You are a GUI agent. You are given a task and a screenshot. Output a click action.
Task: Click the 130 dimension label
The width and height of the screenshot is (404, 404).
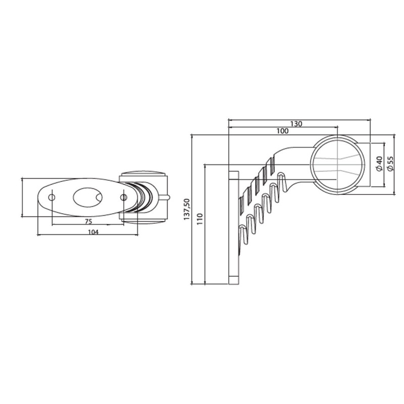click(296, 124)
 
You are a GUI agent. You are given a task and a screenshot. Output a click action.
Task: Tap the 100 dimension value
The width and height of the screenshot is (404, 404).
click(283, 131)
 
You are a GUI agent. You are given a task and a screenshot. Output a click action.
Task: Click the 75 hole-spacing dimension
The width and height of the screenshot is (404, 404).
click(88, 221)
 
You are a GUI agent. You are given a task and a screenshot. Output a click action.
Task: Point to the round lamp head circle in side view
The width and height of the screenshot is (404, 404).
click(337, 165)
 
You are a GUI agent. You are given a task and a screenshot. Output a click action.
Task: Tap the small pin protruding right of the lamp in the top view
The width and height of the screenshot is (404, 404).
click(169, 196)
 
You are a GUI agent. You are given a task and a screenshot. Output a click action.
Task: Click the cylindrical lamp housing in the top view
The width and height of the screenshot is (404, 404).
click(143, 196)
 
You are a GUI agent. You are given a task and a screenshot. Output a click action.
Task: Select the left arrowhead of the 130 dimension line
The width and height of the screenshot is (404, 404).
click(230, 120)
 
